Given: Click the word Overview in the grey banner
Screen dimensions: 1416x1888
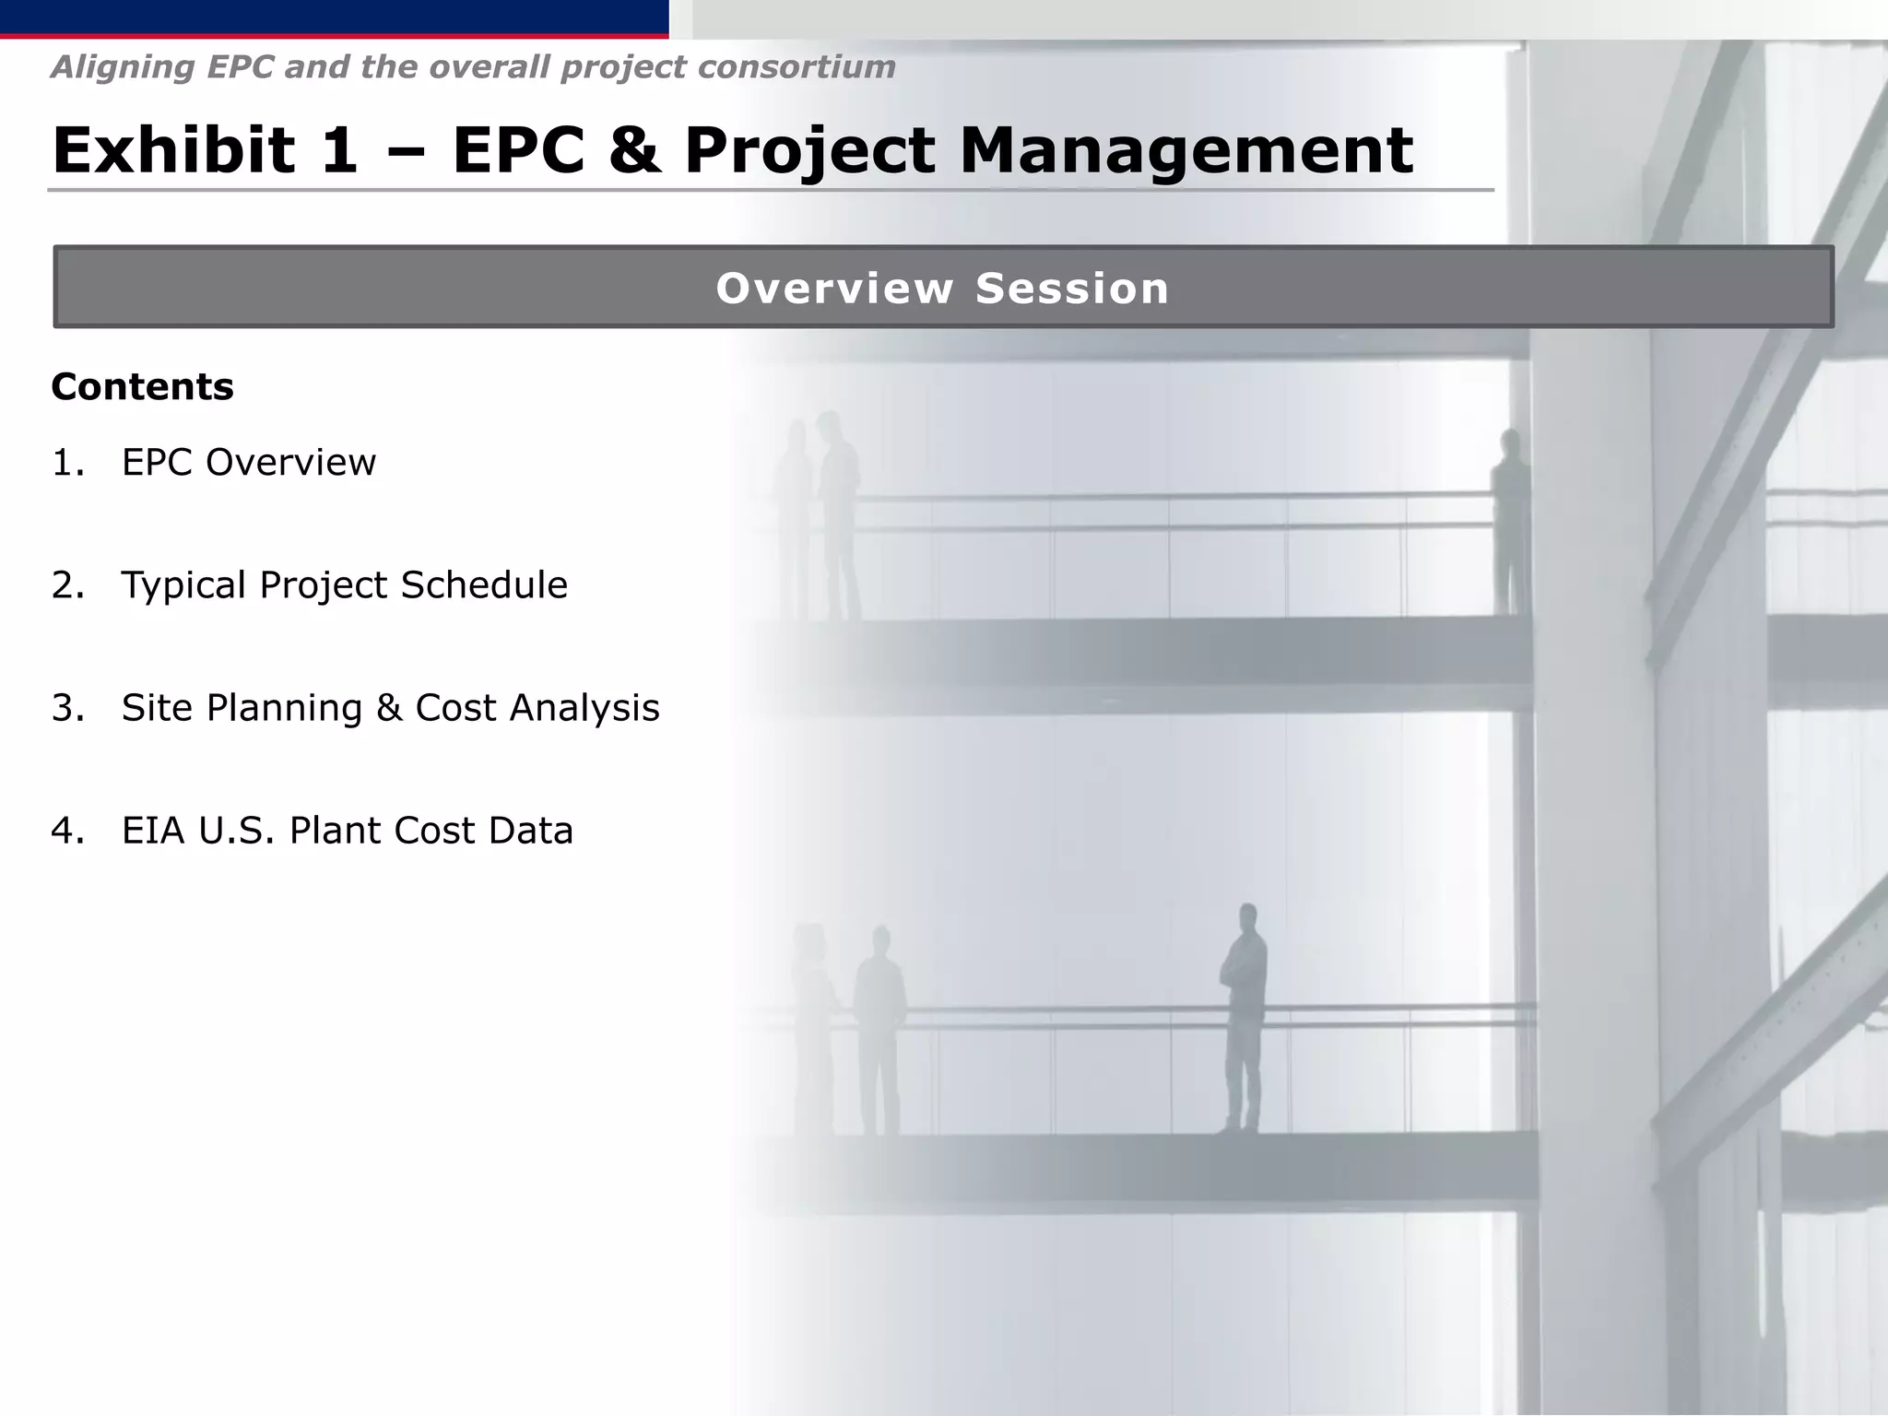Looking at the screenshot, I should coord(834,289).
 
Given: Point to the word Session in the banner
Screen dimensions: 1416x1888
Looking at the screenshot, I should coord(1072,289).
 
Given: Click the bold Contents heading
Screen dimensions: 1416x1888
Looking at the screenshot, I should coord(142,386).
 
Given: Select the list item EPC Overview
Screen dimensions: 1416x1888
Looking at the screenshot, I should coord(249,462).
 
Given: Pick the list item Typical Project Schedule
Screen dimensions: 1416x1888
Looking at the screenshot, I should coord(344,584).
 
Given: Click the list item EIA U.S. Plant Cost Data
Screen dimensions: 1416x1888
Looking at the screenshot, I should coord(347,830).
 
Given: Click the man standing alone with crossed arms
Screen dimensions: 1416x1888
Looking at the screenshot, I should coord(1244,1014).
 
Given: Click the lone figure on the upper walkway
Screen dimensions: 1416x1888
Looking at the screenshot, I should coord(1509,521).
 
